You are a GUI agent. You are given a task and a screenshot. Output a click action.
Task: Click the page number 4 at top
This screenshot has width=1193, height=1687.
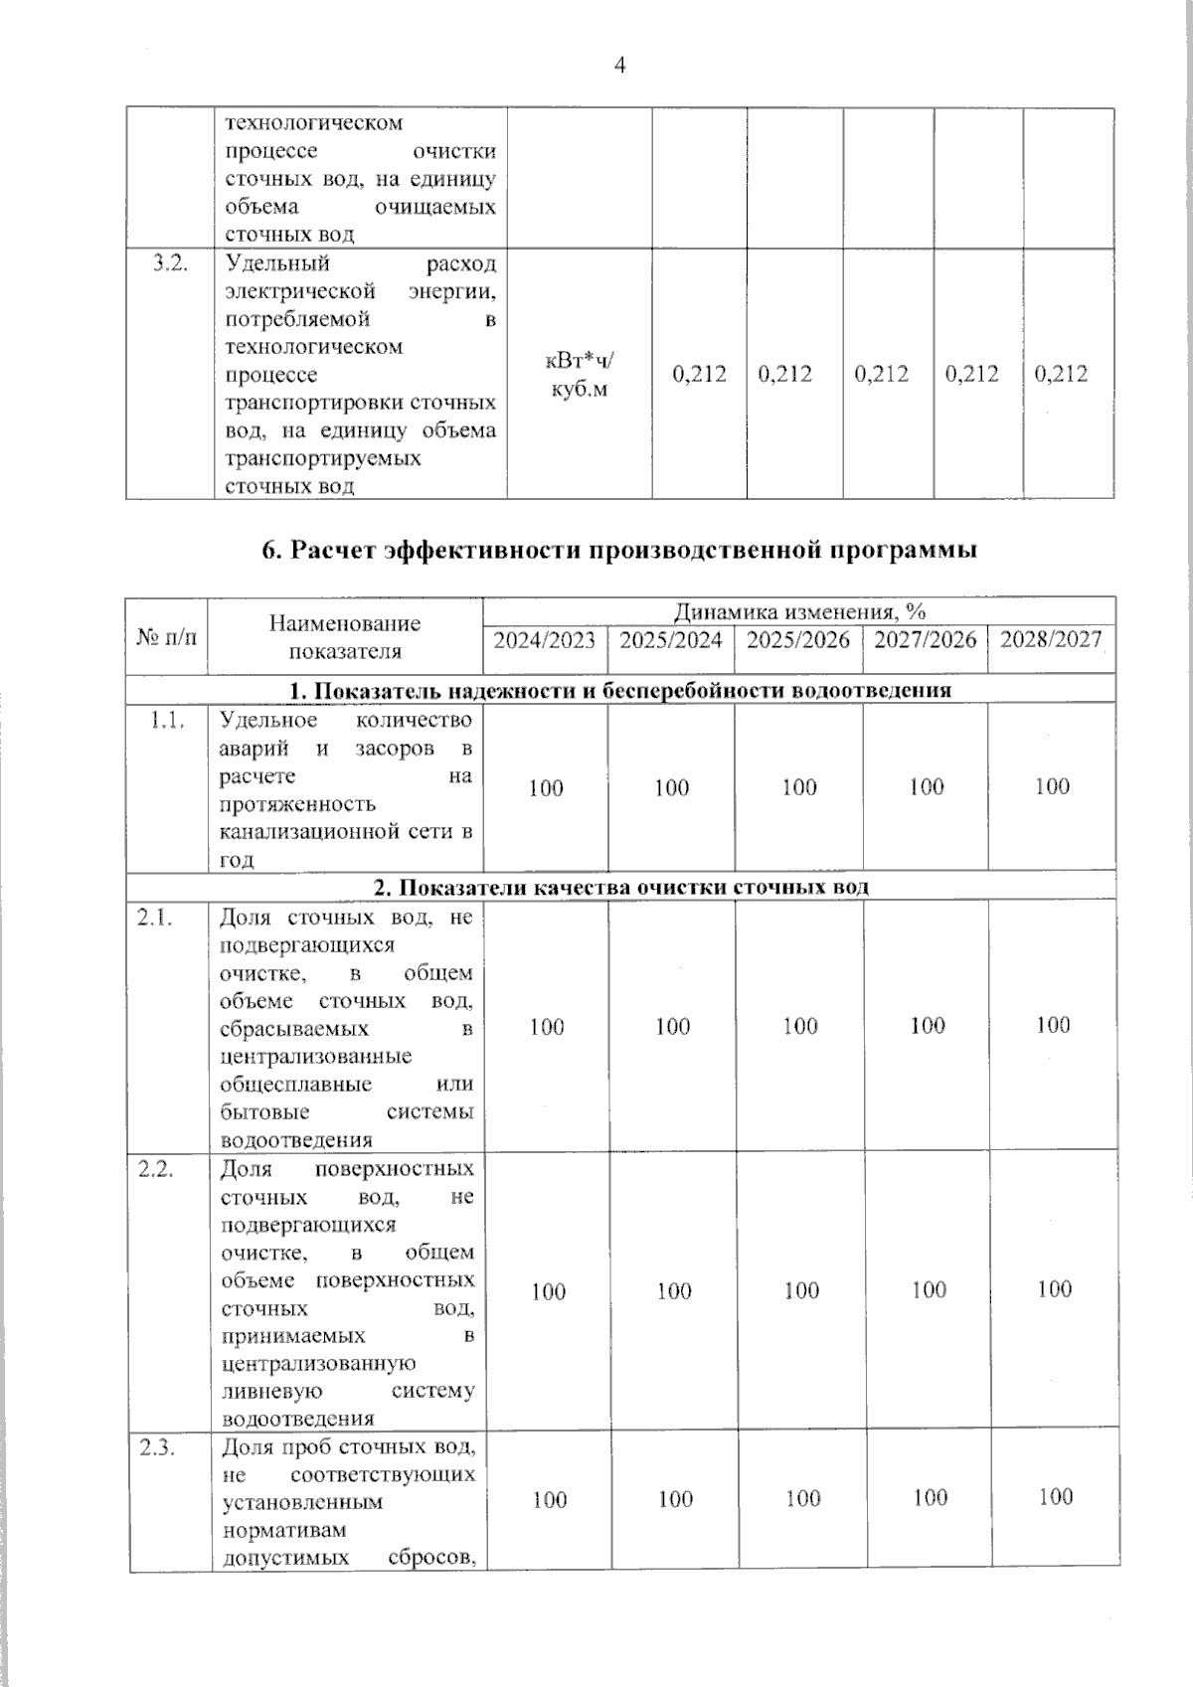pyautogui.click(x=620, y=67)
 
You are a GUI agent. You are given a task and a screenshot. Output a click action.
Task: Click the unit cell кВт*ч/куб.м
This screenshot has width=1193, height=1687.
pyautogui.click(x=579, y=375)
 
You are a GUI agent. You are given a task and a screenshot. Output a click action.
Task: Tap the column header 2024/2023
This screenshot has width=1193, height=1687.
pyautogui.click(x=545, y=639)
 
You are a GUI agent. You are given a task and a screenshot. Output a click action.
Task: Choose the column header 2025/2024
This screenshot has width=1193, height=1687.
pyautogui.click(x=671, y=639)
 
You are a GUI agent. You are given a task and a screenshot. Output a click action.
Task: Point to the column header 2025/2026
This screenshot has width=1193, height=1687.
pyautogui.click(x=798, y=639)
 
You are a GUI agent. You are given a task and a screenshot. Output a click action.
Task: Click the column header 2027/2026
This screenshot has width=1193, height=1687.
pyautogui.click(x=926, y=639)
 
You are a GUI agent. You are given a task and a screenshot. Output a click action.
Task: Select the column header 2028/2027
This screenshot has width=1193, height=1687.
pyautogui.click(x=1051, y=639)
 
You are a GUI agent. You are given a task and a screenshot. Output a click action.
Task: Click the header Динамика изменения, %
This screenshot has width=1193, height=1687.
pyautogui.click(x=799, y=610)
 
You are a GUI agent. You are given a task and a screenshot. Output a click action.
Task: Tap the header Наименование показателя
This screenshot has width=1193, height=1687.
pyautogui.click(x=345, y=637)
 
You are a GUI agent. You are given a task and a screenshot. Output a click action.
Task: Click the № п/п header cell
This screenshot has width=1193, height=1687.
pyautogui.click(x=166, y=636)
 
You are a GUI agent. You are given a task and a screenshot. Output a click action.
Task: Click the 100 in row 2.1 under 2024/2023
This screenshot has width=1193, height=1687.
pyautogui.click(x=546, y=1027)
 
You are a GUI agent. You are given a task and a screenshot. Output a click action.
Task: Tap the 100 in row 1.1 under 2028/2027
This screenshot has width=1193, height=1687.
pyautogui.click(x=1052, y=786)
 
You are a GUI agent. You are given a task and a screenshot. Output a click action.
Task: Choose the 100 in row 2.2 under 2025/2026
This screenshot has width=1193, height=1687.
pyautogui.click(x=801, y=1290)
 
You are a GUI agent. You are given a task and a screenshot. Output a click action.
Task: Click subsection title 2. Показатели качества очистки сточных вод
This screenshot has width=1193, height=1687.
pyautogui.click(x=620, y=887)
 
